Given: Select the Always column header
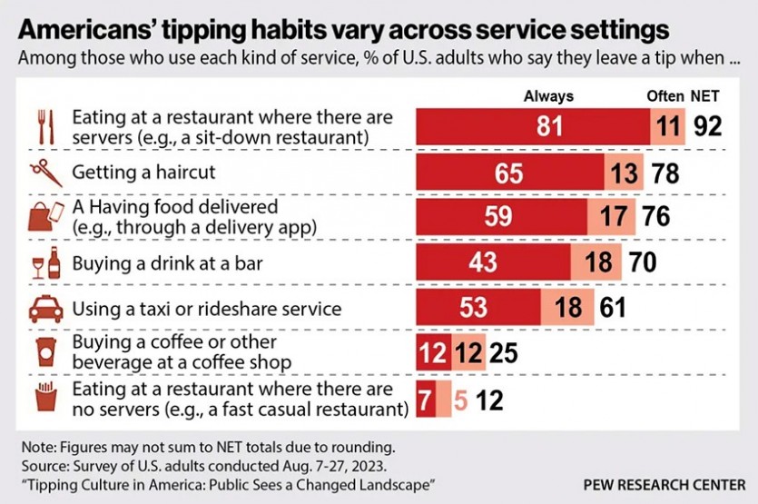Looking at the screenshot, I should tap(549, 96).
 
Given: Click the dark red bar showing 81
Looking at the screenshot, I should tap(533, 126).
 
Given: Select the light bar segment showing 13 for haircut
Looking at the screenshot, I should tap(624, 172).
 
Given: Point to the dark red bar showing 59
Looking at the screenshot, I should tap(501, 216).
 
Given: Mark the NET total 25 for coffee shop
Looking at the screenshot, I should tap(503, 352).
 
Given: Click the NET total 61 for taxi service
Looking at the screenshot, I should tap(613, 308).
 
